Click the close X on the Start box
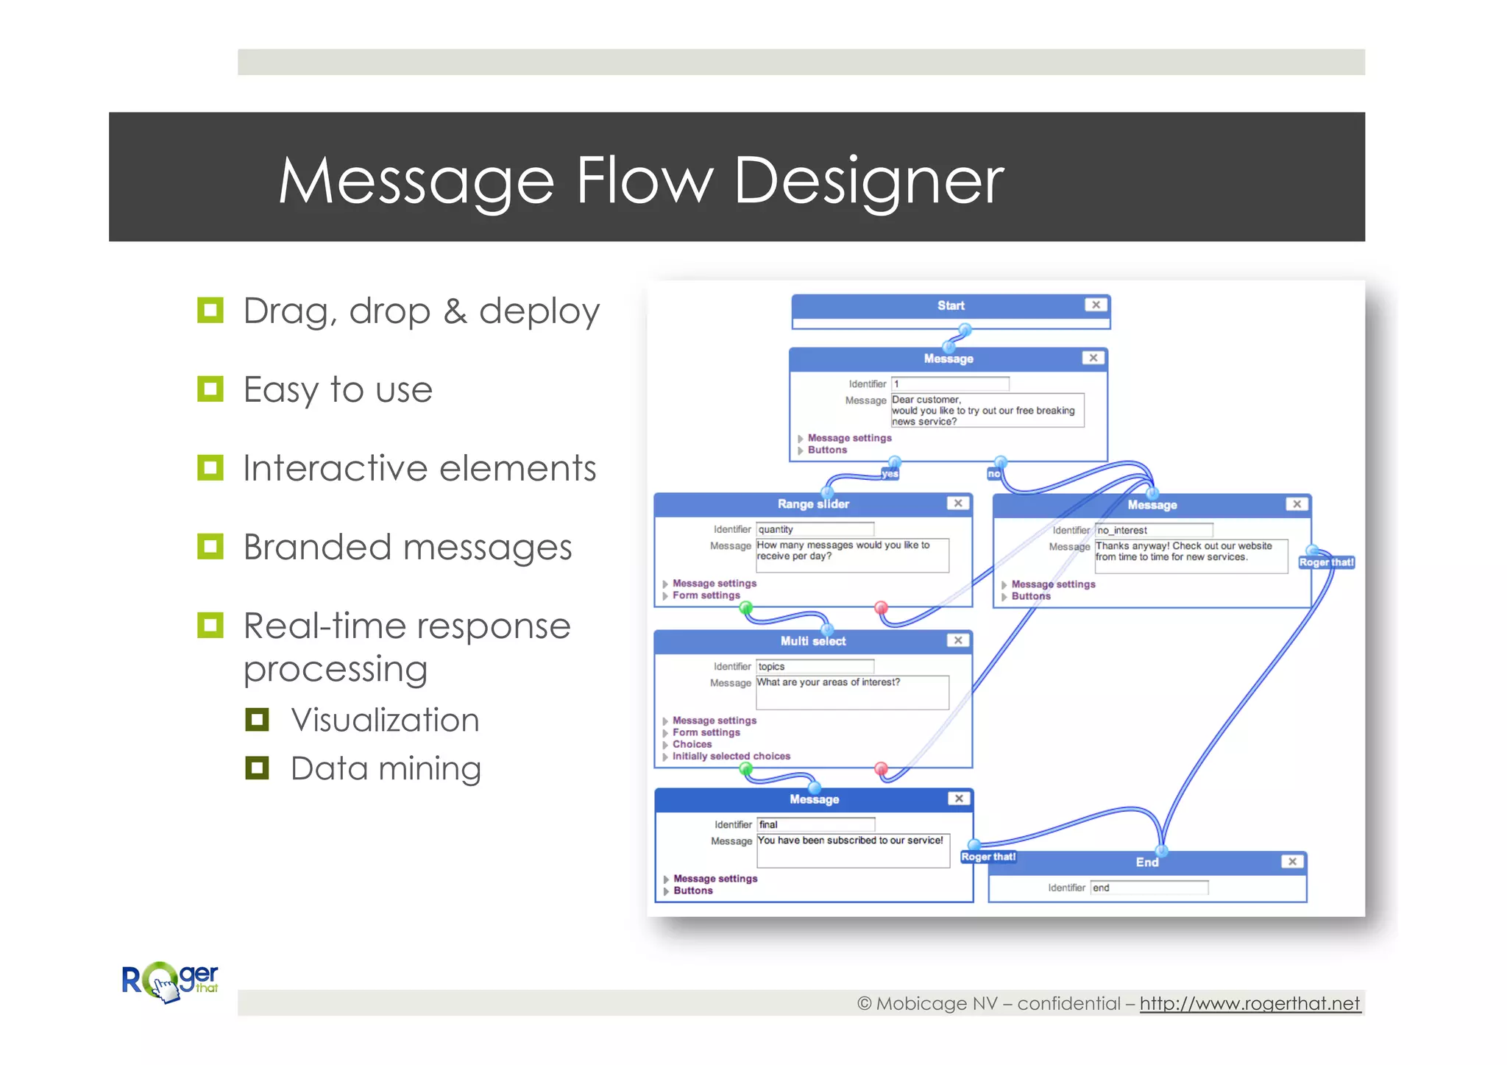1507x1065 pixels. click(1096, 305)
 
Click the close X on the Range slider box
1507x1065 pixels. click(957, 503)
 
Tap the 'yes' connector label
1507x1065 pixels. click(890, 474)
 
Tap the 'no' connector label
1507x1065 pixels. click(994, 474)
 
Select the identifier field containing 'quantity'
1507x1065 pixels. click(815, 529)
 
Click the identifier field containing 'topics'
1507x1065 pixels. click(815, 666)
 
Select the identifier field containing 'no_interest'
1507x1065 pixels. click(1153, 530)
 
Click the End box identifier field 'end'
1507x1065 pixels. click(1149, 888)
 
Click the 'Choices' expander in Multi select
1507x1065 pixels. click(692, 744)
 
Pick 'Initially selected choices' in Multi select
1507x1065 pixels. click(731, 756)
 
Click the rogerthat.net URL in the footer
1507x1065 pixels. click(1249, 1003)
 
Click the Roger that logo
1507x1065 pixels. click(170, 982)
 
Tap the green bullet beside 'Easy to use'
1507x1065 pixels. click(210, 389)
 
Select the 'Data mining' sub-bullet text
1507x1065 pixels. click(386, 768)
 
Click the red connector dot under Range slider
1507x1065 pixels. click(881, 608)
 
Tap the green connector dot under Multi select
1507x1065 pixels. click(746, 769)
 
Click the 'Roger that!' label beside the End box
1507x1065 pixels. click(988, 857)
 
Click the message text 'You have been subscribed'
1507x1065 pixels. click(850, 841)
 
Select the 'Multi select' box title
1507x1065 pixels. click(813, 641)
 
